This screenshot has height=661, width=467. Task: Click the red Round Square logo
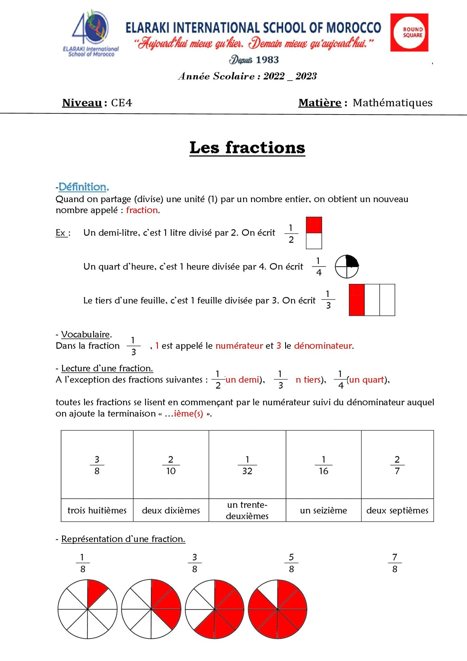(409, 32)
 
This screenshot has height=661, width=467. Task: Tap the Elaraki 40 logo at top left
(91, 33)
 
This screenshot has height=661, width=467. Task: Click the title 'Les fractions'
(247, 148)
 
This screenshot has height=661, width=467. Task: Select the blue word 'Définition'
(83, 187)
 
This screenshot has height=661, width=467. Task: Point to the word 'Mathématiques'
(392, 103)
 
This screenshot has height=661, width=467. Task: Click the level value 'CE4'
(121, 103)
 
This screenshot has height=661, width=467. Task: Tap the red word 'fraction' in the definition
(142, 210)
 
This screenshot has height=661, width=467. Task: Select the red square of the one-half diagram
(314, 225)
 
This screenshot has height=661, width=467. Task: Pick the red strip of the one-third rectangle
(357, 300)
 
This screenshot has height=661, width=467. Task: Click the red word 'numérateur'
(239, 346)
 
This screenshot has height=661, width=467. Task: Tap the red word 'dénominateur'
(323, 346)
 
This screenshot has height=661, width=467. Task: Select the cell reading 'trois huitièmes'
(97, 510)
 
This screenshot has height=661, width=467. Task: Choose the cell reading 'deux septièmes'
(397, 510)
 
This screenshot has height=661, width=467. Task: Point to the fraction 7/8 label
(395, 563)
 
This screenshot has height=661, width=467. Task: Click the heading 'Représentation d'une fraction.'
(123, 539)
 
